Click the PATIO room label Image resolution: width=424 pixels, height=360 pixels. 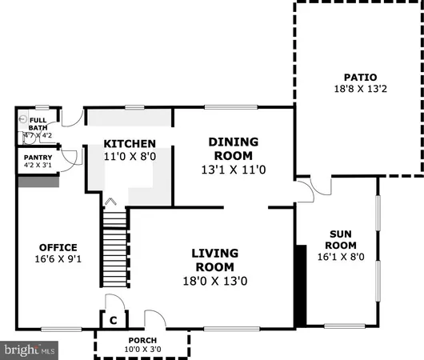click(358, 78)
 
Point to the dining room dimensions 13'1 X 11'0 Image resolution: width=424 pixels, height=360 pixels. click(230, 170)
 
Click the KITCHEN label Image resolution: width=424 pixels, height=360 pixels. click(130, 144)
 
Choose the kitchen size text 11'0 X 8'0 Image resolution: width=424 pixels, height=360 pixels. click(130, 157)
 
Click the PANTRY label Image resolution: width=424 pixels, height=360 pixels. click(38, 158)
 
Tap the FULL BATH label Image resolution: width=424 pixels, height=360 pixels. click(38, 123)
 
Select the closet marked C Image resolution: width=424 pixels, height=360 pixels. click(114, 320)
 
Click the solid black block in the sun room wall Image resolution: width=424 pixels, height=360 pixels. click(301, 285)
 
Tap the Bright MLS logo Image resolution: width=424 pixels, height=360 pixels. click(30, 350)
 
